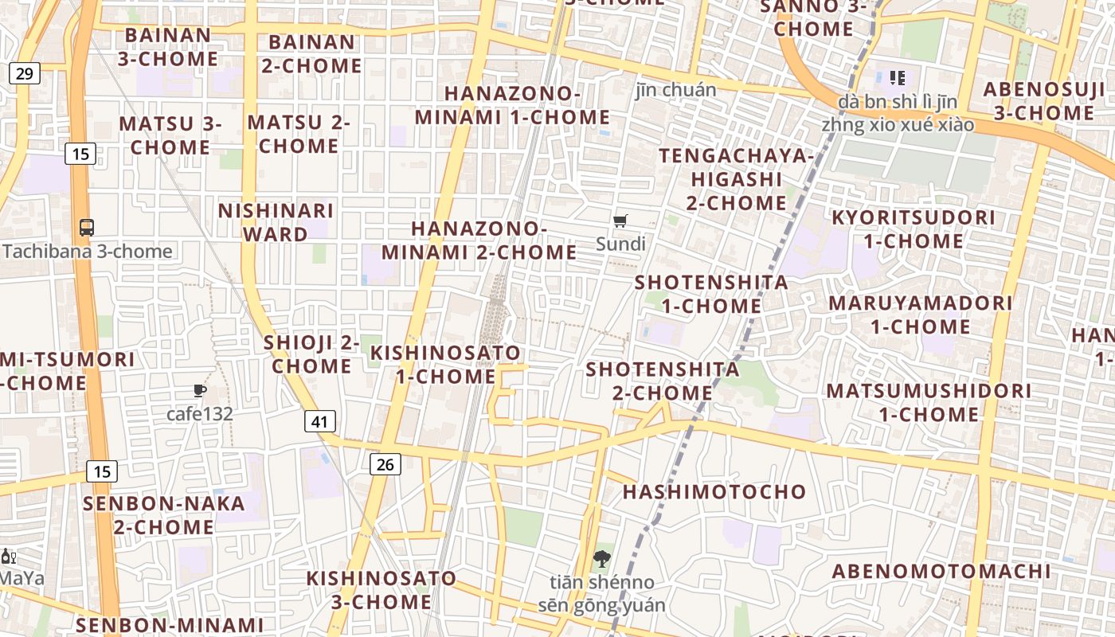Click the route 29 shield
coord(24,74)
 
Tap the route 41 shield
coord(319,421)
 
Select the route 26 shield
coord(385,463)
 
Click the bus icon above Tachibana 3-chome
coord(87,227)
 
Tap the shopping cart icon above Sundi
coord(620,221)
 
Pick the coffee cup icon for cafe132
coord(200,390)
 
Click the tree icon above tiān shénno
coord(602,558)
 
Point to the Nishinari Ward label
coord(276,222)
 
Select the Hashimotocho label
coord(714,491)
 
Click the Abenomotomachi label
coord(941,571)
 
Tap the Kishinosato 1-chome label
coord(446,364)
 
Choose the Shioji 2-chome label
coord(311,354)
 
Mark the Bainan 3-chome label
coord(168,47)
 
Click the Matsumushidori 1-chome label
coord(929,402)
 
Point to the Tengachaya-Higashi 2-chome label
coord(737,179)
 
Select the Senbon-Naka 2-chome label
coord(164,515)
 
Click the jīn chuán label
coord(676,89)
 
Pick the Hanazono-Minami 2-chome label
coord(479,240)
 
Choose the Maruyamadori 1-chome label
coord(921,315)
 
